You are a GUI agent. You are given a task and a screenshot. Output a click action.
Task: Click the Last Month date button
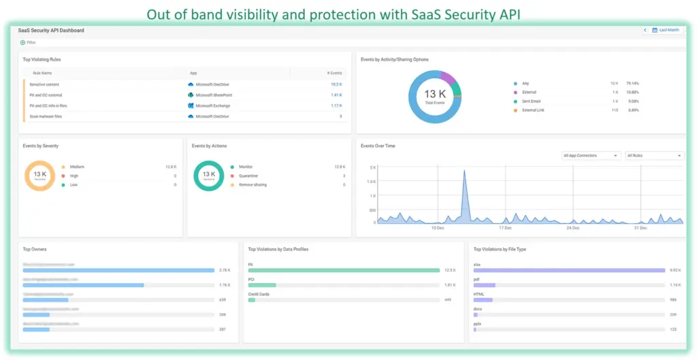(666, 30)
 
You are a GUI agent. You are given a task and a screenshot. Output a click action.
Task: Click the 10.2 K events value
(336, 84)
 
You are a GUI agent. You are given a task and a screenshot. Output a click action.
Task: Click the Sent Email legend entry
(532, 101)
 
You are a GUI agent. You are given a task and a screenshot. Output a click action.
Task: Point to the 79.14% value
(633, 83)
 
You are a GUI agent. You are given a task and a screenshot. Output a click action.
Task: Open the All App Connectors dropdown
(590, 156)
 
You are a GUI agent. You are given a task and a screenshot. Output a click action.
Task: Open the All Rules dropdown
(653, 156)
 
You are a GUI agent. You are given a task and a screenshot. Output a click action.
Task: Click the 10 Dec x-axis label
(438, 228)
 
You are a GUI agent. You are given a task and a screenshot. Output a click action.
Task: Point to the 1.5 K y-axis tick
(372, 182)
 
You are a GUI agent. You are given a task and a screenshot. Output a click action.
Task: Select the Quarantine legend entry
(248, 176)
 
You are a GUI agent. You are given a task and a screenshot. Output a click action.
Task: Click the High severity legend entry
(74, 176)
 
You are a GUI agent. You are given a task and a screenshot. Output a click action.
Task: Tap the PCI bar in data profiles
(262, 284)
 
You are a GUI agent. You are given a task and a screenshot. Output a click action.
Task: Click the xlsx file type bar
(568, 270)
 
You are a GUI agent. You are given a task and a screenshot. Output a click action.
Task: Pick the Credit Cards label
(258, 294)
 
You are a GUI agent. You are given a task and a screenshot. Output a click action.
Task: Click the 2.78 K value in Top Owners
(224, 270)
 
